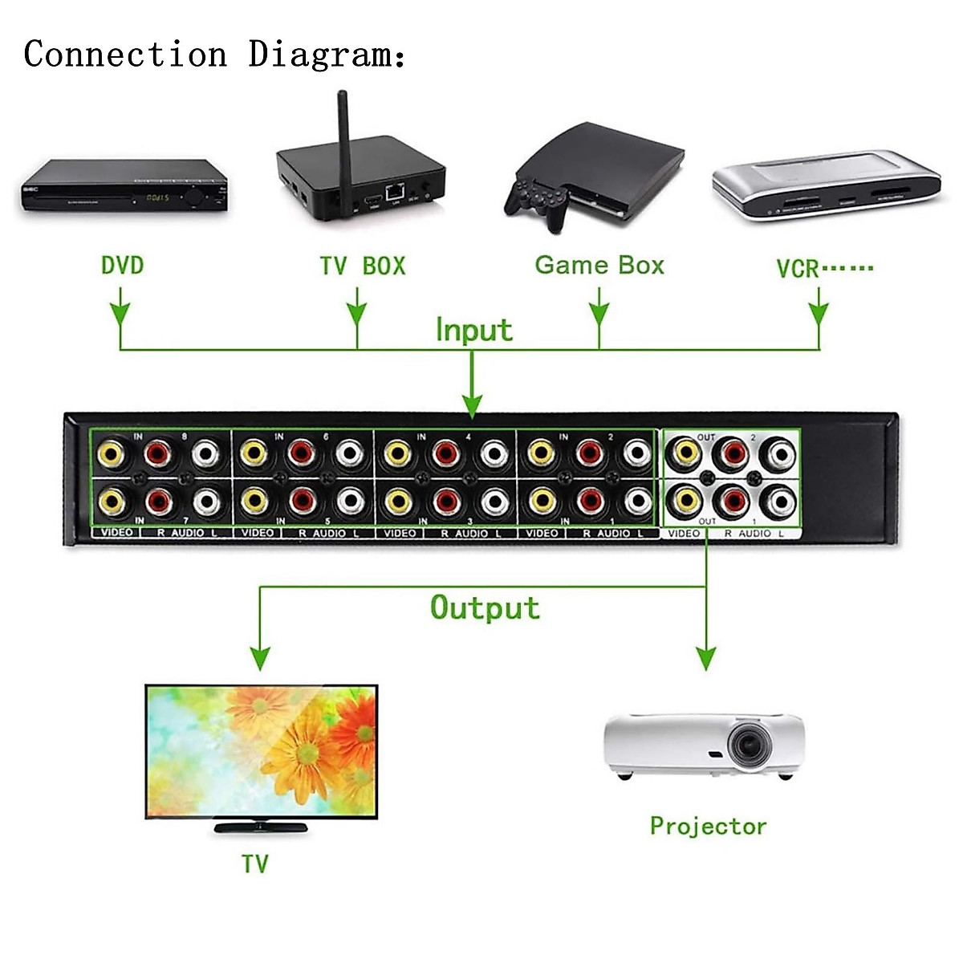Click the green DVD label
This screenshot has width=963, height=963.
click(x=122, y=265)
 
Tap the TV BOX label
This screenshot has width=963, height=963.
click(x=362, y=266)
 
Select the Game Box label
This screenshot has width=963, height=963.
click(x=599, y=265)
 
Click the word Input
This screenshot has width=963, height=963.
click(x=473, y=330)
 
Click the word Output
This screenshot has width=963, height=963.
click(x=485, y=607)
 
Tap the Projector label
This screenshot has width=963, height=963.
click(x=708, y=826)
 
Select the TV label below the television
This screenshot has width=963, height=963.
click(x=254, y=863)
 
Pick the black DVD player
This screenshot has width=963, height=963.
click(x=124, y=187)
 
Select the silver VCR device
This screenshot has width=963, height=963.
click(x=825, y=186)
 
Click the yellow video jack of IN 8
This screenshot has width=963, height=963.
click(x=111, y=453)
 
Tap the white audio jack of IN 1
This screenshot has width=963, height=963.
click(x=637, y=502)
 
